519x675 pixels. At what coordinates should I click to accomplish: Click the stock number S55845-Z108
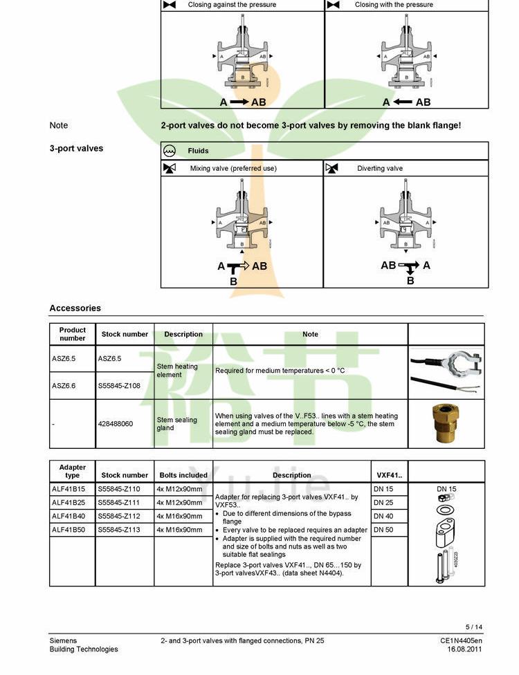click(x=119, y=386)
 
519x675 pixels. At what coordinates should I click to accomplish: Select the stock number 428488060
click(x=116, y=424)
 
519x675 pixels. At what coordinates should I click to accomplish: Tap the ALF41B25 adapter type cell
click(x=69, y=503)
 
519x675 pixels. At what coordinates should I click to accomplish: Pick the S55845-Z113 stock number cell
click(x=119, y=530)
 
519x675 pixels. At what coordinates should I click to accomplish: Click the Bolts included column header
click(x=183, y=475)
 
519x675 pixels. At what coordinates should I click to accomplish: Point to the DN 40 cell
click(x=383, y=516)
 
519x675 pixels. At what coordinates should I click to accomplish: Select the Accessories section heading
click(x=75, y=308)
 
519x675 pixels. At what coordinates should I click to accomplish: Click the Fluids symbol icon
click(x=170, y=151)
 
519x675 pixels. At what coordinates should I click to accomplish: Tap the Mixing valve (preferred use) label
click(x=233, y=169)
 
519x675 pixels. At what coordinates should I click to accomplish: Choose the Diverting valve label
click(x=380, y=169)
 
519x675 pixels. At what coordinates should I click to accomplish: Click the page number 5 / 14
click(x=474, y=627)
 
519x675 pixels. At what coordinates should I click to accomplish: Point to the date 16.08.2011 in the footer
click(x=464, y=649)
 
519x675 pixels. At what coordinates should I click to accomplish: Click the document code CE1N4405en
click(x=461, y=641)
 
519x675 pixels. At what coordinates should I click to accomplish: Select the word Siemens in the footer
click(x=63, y=641)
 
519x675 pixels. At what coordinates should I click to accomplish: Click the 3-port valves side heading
click(x=76, y=149)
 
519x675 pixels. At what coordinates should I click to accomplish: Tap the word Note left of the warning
click(x=59, y=125)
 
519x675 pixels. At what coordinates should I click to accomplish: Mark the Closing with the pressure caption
click(x=394, y=5)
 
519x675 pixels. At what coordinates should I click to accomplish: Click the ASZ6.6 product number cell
click(x=64, y=386)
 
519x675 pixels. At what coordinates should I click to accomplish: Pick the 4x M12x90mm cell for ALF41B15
click(x=179, y=489)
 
